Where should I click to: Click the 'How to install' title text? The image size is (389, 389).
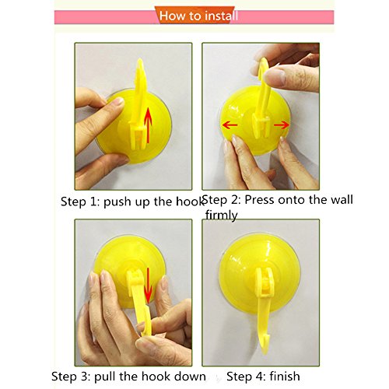pyautogui.click(x=198, y=16)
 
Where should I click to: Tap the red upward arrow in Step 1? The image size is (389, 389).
pyautogui.click(x=148, y=125)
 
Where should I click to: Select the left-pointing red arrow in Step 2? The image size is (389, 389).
pyautogui.click(x=230, y=125)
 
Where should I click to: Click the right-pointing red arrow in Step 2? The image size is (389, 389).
pyautogui.click(x=282, y=125)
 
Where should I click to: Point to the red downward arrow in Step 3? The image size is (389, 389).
pyautogui.click(x=149, y=286)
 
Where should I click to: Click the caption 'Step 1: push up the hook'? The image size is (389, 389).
pyautogui.click(x=132, y=202)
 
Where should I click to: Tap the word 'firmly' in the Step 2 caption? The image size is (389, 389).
pyautogui.click(x=221, y=216)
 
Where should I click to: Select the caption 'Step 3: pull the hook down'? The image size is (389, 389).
pyautogui.click(x=128, y=377)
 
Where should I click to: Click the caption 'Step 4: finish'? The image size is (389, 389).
pyautogui.click(x=263, y=377)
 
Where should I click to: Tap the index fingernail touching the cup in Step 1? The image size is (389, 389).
pyautogui.click(x=118, y=102)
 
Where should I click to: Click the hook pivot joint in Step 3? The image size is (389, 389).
pyautogui.click(x=134, y=277)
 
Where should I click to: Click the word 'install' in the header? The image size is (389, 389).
pyautogui.click(x=221, y=16)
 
